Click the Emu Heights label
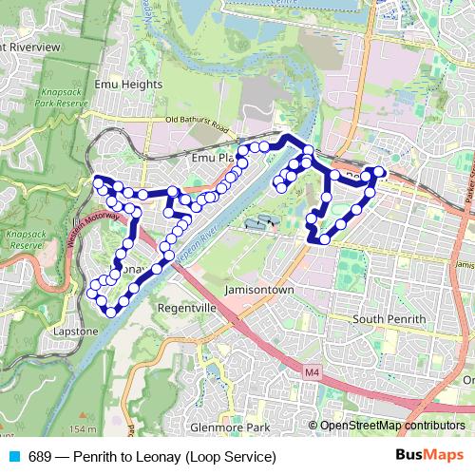(x=128, y=84)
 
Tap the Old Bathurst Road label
(x=198, y=122)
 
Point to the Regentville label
(x=188, y=310)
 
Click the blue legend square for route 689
(x=12, y=456)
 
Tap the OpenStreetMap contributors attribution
(x=392, y=426)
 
